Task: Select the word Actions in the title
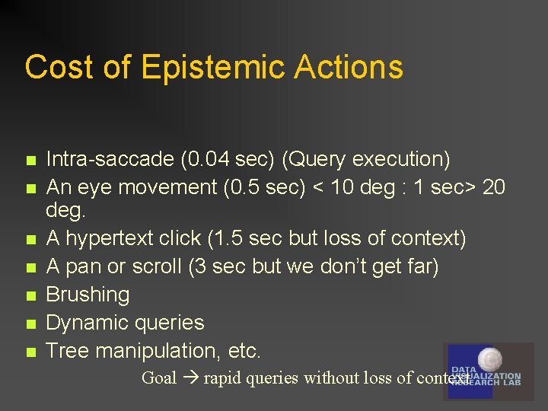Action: tap(348, 67)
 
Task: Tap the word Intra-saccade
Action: tap(110, 159)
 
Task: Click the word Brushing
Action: tap(88, 295)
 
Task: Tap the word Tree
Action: tap(65, 351)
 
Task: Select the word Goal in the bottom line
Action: tap(159, 378)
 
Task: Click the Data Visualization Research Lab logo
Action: tap(488, 371)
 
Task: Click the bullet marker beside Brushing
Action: tap(30, 295)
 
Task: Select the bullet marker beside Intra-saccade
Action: tap(30, 161)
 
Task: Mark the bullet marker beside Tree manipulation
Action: tap(30, 352)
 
